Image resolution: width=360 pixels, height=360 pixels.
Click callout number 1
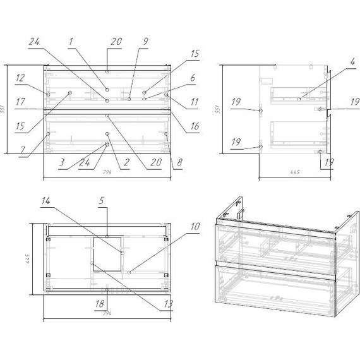pyautogui.click(x=71, y=42)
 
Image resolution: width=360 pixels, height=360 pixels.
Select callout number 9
pyautogui.click(x=145, y=42)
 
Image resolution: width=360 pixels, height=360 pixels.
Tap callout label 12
pyautogui.click(x=20, y=78)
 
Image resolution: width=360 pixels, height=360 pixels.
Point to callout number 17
pyautogui.click(x=20, y=102)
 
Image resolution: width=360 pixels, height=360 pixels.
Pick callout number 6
pyautogui.click(x=193, y=78)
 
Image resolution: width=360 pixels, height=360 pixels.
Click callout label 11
pyautogui.click(x=195, y=102)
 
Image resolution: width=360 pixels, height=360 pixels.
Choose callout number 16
pyautogui.click(x=195, y=126)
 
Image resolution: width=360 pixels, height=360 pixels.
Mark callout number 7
pyautogui.click(x=22, y=150)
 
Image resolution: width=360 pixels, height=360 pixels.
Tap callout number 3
pyautogui.click(x=61, y=162)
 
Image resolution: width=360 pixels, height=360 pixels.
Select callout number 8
pyautogui.click(x=179, y=162)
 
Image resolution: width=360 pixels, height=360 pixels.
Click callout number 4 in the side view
pyautogui.click(x=352, y=61)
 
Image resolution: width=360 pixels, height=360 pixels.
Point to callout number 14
pyautogui.click(x=45, y=201)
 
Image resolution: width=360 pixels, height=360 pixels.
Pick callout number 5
pyautogui.click(x=102, y=201)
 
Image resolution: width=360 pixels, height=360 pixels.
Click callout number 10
pyautogui.click(x=195, y=226)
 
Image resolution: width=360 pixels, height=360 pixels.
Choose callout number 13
pyautogui.click(x=168, y=304)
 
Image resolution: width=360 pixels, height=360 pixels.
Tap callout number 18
pyautogui.click(x=100, y=304)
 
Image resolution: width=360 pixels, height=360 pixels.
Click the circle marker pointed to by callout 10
pyautogui.click(x=129, y=272)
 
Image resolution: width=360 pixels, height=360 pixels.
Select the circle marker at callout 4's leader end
pyautogui.click(x=299, y=99)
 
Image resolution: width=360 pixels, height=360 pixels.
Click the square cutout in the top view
pyautogui.click(x=107, y=254)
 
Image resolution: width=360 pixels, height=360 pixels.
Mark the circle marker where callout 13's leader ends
pyautogui.click(x=92, y=263)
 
